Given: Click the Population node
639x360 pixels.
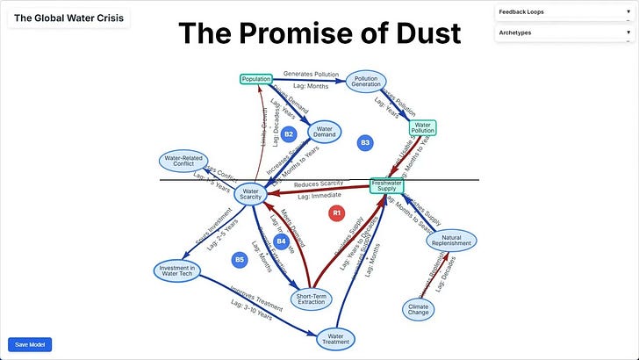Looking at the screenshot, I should pos(256,80).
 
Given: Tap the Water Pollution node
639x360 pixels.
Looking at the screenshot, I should pos(423,128).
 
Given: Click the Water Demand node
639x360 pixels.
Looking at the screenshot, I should pos(326,133).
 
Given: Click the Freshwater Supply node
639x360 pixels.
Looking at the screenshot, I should pos(388,185).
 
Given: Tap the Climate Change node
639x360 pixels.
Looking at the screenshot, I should pos(419,308).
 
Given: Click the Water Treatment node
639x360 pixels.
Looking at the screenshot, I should pos(335,338).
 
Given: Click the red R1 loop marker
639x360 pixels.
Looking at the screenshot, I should pos(336,212).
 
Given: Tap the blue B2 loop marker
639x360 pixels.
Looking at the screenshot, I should pos(288,134).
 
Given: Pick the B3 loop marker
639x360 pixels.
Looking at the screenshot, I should pos(365,142).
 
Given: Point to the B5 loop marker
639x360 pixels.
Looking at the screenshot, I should pos(239,259).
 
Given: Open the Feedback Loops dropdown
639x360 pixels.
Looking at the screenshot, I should pos(564,12).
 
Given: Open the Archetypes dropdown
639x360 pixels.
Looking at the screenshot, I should pos(564,32).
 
